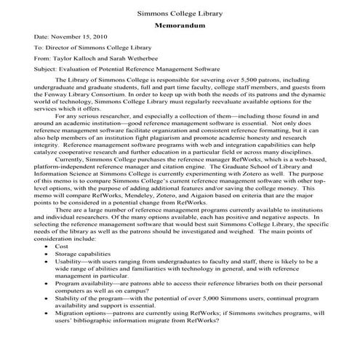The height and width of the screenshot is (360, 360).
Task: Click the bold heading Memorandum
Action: click(x=180, y=26)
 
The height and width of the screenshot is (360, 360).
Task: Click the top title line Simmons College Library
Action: click(x=180, y=14)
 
